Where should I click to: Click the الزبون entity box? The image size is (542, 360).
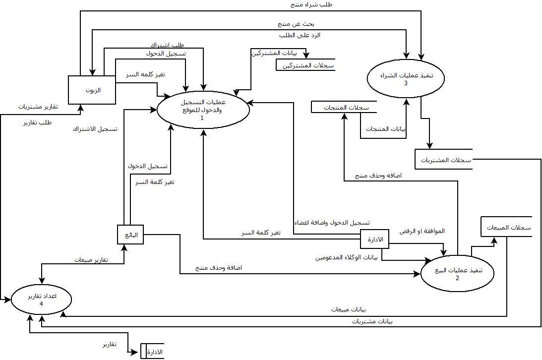click(x=92, y=90)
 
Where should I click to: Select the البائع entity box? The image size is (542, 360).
click(x=130, y=235)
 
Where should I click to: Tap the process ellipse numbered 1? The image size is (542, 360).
click(x=202, y=110)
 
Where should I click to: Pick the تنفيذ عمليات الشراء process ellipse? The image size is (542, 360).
click(x=406, y=78)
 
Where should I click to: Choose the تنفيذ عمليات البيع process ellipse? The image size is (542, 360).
click(x=458, y=274)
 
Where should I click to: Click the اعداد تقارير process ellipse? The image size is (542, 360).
click(x=41, y=300)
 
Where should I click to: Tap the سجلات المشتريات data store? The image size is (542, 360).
click(x=443, y=160)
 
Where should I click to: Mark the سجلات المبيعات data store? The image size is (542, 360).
click(x=506, y=228)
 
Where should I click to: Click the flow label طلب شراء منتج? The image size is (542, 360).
click(x=311, y=4)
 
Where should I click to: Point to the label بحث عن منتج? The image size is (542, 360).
click(x=296, y=23)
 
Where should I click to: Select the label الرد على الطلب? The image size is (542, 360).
click(x=300, y=35)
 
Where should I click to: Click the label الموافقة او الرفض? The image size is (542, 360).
click(x=422, y=231)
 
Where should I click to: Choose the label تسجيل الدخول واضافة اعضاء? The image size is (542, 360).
click(x=332, y=223)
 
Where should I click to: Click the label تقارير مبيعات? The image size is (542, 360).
click(x=92, y=260)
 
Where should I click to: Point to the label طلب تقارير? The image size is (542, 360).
click(x=38, y=122)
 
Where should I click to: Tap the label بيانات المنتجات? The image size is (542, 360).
click(x=386, y=129)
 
